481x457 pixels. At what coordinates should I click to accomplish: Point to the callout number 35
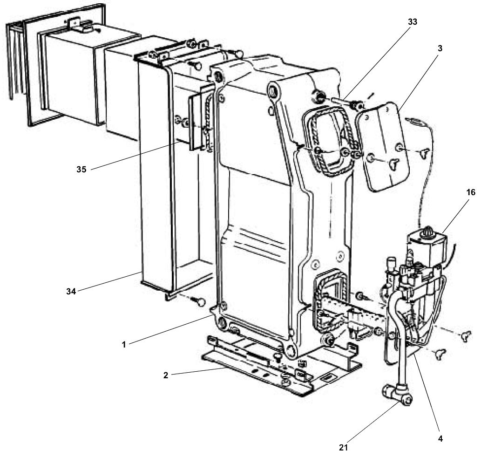point(81,169)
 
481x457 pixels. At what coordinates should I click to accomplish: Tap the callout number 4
point(439,438)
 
